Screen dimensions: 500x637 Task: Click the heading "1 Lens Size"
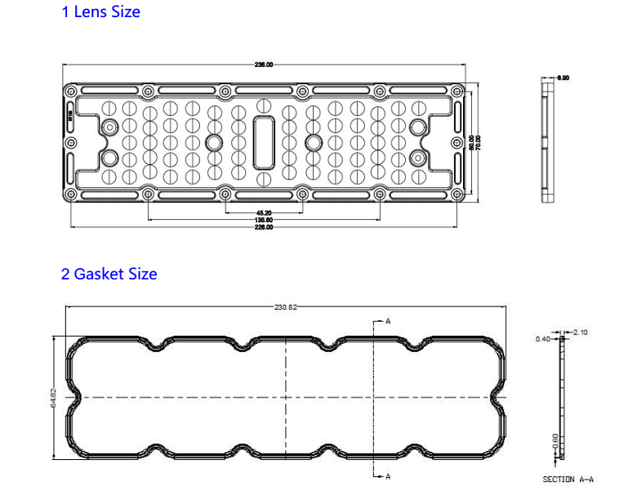(x=100, y=12)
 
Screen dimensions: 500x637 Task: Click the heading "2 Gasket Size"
(x=109, y=274)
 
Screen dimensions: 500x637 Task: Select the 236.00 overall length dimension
(x=264, y=65)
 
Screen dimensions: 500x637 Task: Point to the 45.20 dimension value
(x=264, y=212)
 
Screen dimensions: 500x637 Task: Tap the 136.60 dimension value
(x=264, y=220)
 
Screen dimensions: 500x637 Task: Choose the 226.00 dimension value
(x=264, y=227)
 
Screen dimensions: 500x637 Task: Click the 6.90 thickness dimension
(x=563, y=78)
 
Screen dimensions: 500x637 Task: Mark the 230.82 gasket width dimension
(x=286, y=307)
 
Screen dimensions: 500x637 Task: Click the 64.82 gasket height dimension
(x=55, y=398)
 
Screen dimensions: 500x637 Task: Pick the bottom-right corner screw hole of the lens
(x=458, y=194)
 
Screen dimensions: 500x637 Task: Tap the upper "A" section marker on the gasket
(x=387, y=322)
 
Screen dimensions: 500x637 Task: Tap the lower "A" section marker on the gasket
(x=387, y=475)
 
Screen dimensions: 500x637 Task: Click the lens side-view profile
(x=546, y=141)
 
